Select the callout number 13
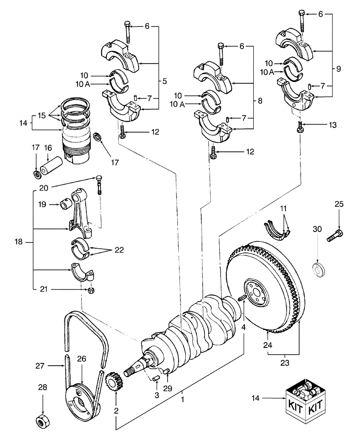(x=332, y=125)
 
